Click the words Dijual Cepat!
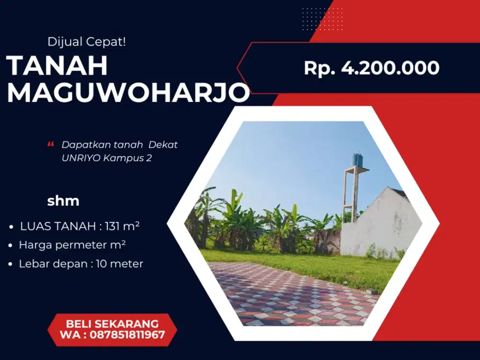pyautogui.click(x=87, y=42)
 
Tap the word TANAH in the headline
pyautogui.click(x=57, y=66)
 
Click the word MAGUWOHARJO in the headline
pyautogui.click(x=128, y=94)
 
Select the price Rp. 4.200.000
pyautogui.click(x=372, y=68)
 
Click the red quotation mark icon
pyautogui.click(x=51, y=144)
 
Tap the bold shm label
pyautogui.click(x=63, y=201)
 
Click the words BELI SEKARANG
pyautogui.click(x=112, y=323)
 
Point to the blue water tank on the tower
pyautogui.click(x=357, y=160)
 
